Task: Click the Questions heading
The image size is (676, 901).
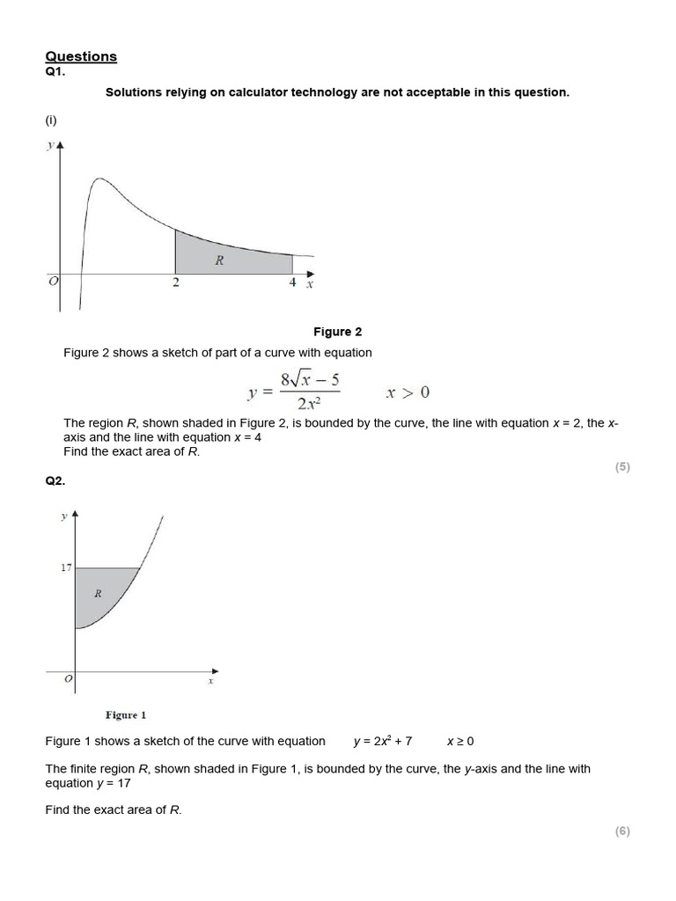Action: tap(81, 56)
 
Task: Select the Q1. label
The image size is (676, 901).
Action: tap(55, 72)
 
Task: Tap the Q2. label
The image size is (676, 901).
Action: tap(55, 481)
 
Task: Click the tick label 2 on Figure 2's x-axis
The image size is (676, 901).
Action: tap(176, 283)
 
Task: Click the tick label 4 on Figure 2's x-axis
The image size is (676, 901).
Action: tap(292, 283)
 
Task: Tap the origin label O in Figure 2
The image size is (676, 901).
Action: tap(53, 281)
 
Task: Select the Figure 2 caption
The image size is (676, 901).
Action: tap(338, 332)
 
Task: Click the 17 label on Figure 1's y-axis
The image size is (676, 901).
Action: tap(66, 568)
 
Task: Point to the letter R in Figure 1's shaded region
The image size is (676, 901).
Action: tap(98, 593)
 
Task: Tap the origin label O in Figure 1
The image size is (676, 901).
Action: tap(68, 679)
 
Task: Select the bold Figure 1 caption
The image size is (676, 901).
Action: tap(126, 715)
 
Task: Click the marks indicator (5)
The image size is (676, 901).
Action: tap(622, 467)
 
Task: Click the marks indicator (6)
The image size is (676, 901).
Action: tap(622, 831)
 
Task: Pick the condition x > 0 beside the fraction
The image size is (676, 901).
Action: tap(408, 392)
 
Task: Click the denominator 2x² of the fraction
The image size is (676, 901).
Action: tap(309, 405)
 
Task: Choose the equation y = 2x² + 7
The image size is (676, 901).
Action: tap(383, 742)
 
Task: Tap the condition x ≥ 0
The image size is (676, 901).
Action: tap(460, 742)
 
